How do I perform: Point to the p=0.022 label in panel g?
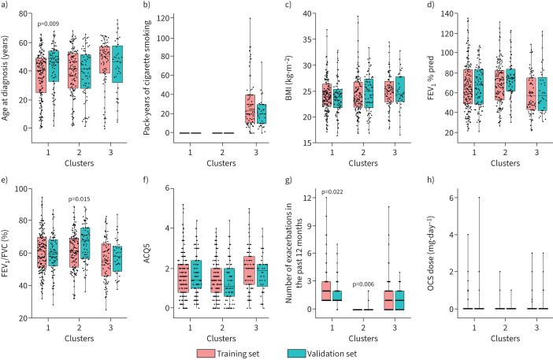click(x=332, y=192)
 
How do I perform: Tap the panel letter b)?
click(x=146, y=6)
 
